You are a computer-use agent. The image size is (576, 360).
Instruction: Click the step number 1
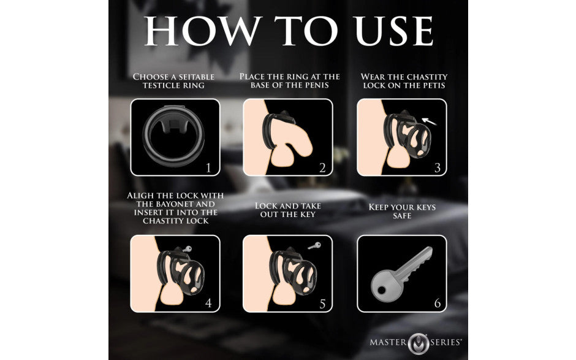coord(209,168)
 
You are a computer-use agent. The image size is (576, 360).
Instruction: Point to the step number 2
coord(322,168)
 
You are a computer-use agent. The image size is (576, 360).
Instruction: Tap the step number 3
coord(437,168)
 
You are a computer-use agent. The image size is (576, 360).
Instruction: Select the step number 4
coord(209,304)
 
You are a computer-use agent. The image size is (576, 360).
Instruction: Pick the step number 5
coord(322,304)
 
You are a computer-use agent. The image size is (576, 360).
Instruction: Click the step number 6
coord(437,304)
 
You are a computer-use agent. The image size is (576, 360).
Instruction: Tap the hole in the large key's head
coord(382,291)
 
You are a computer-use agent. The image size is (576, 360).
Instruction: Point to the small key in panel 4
coord(187,249)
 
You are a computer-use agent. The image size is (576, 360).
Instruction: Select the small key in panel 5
coord(314,245)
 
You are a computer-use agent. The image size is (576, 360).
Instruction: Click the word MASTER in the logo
coord(388,342)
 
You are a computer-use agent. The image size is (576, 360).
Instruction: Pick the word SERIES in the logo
coord(445,342)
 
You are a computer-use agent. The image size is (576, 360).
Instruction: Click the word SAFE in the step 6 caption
coord(402,216)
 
